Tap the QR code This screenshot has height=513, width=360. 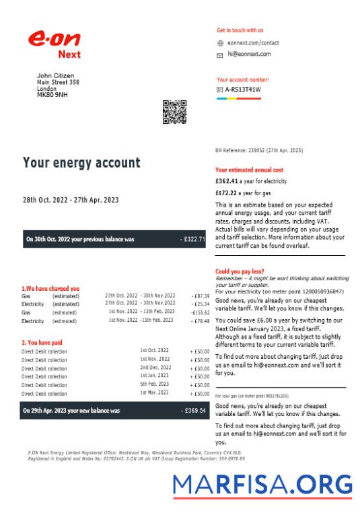(x=175, y=112)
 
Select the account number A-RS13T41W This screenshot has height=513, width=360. (x=243, y=89)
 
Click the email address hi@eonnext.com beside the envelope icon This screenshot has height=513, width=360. (x=248, y=53)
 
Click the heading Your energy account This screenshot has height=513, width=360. (x=81, y=163)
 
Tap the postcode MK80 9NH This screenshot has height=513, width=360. (x=52, y=94)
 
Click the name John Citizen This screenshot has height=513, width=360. (x=55, y=75)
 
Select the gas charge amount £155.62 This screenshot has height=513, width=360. (x=200, y=312)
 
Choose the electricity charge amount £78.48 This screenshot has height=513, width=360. (x=201, y=321)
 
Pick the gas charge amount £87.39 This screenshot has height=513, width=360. (x=201, y=296)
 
